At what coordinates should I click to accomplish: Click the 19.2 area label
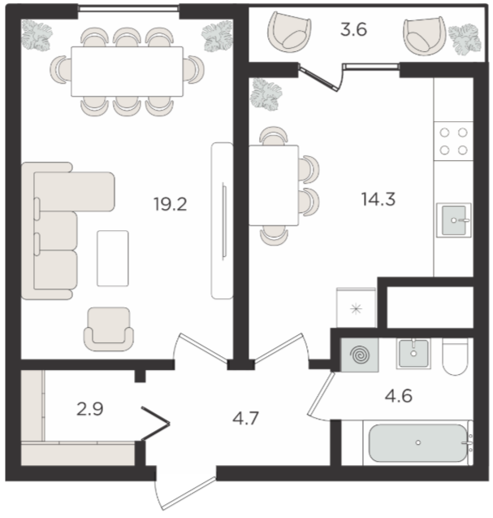point(171,204)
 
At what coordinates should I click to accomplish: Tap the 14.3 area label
point(378,199)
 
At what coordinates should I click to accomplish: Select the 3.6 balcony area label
point(354,29)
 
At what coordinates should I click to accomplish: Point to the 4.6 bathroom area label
point(399,395)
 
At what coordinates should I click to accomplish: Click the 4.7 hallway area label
point(245,419)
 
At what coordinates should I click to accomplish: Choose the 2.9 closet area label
point(90,409)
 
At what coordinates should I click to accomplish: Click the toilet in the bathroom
point(455,357)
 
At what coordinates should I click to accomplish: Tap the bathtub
point(417,442)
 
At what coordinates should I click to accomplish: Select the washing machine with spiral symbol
point(360,355)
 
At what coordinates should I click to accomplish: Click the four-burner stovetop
point(453,141)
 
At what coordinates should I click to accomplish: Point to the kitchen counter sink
point(454,220)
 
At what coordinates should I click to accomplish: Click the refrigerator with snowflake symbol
point(356,308)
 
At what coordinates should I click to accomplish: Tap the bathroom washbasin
point(413,353)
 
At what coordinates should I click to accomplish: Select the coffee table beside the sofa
point(113,258)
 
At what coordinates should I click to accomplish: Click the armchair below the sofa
point(109,329)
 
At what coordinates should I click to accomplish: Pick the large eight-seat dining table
point(127,72)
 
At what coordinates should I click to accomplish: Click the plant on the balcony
point(465,40)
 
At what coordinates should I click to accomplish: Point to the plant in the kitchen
point(266,94)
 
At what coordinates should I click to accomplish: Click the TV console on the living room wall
point(222,220)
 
